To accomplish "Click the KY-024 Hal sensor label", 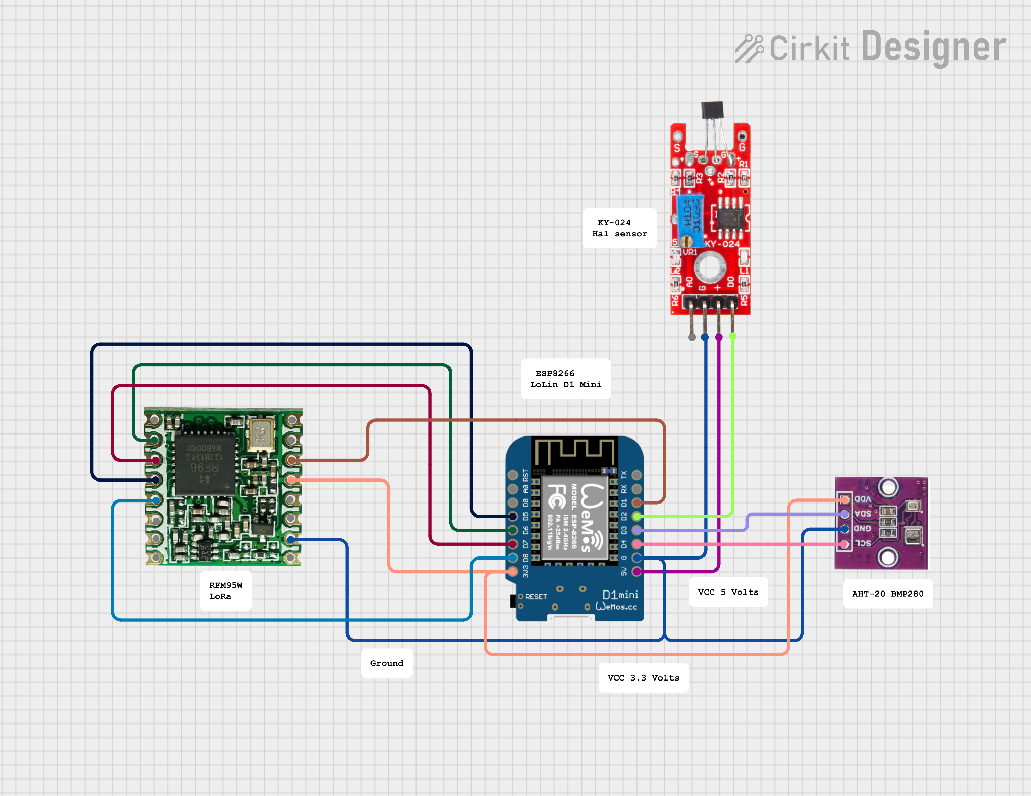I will (619, 228).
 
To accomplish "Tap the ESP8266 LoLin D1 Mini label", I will (566, 379).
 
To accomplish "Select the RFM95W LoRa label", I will (226, 590).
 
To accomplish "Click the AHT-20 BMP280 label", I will (887, 594).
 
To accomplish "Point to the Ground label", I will (387, 663).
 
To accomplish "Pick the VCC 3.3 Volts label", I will (643, 677).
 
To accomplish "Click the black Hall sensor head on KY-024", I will (712, 110).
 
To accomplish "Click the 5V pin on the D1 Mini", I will (636, 572).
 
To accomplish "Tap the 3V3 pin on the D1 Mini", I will (513, 572).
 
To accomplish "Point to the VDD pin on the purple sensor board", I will (844, 499).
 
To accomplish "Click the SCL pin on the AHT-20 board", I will (844, 544).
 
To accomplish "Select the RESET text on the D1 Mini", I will (536, 597).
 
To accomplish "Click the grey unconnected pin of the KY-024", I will (691, 337).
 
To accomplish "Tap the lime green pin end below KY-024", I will (733, 336).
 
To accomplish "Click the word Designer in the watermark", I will (933, 47).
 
